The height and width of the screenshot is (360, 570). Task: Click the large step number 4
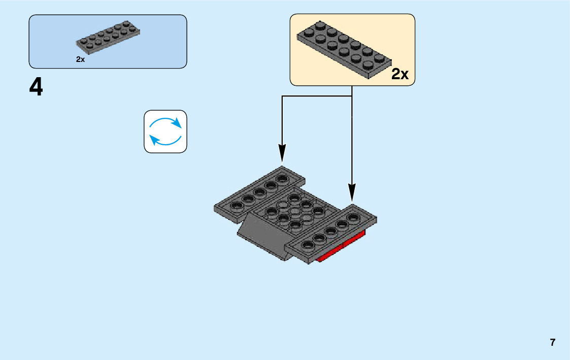pyautogui.click(x=36, y=88)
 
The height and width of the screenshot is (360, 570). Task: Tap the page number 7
pyautogui.click(x=552, y=342)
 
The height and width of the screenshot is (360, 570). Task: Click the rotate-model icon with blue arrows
pyautogui.click(x=165, y=132)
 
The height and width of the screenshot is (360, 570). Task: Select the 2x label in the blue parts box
pyautogui.click(x=80, y=59)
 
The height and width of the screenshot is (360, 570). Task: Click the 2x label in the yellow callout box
pyautogui.click(x=399, y=75)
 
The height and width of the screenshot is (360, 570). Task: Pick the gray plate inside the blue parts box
pyautogui.click(x=108, y=38)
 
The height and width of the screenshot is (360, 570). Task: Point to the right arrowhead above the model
pyautogui.click(x=352, y=191)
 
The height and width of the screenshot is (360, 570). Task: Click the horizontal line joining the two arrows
pyautogui.click(x=317, y=96)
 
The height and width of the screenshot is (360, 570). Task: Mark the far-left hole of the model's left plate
pyautogui.click(x=236, y=206)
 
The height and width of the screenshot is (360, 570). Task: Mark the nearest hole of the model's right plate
pyautogui.click(x=308, y=246)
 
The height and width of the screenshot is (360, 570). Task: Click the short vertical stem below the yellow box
pyautogui.click(x=352, y=90)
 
